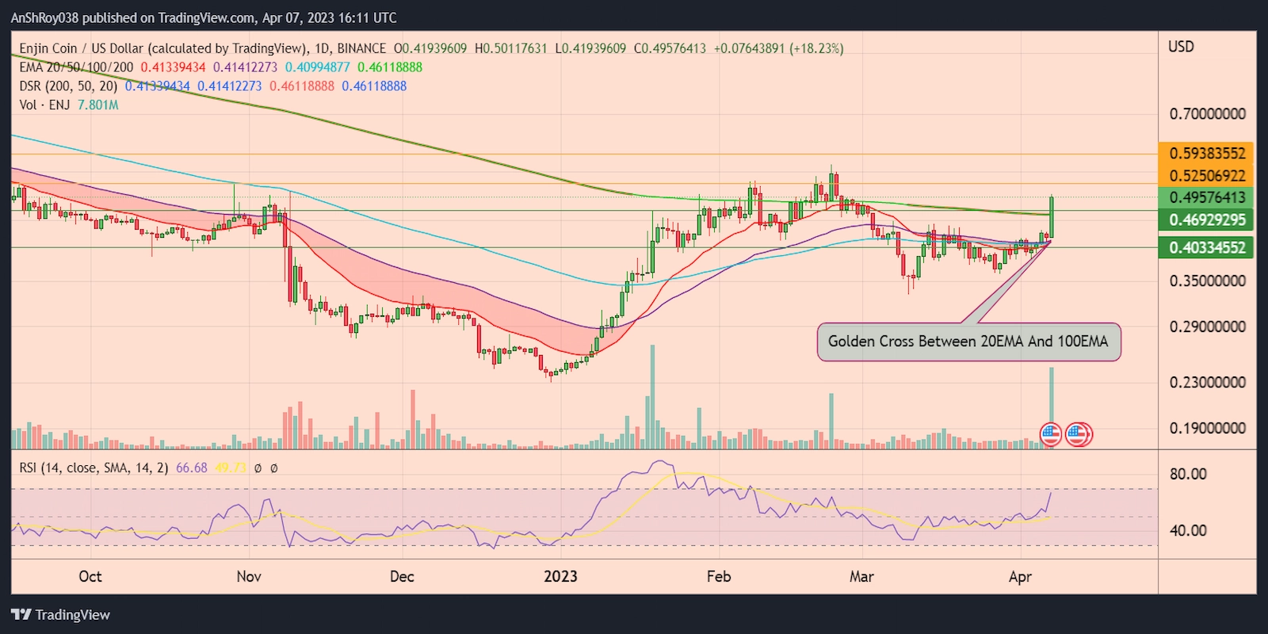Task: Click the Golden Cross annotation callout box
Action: pos(968,342)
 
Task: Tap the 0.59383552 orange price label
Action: pos(1207,153)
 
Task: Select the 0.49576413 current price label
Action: pos(1207,197)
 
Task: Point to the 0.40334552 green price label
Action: pos(1207,247)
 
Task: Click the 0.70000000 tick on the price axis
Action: pos(1207,114)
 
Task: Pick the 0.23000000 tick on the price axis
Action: pos(1207,382)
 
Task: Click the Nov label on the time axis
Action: pos(249,576)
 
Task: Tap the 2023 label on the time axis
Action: pos(560,576)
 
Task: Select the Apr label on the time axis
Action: pos(1020,576)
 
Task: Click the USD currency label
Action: pos(1181,47)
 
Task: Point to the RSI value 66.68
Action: pos(191,468)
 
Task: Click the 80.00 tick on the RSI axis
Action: pos(1188,474)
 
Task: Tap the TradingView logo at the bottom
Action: pos(61,615)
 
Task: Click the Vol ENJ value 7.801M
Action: pos(98,105)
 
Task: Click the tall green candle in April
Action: pos(1052,216)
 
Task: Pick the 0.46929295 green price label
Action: pos(1207,220)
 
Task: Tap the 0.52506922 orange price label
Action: pos(1207,175)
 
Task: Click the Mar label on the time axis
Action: pos(861,576)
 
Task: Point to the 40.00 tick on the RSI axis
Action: pos(1188,530)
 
